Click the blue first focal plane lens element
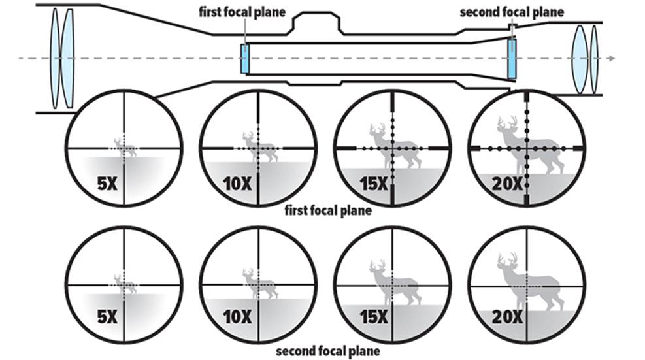tap(245, 59)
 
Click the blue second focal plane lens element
tap(511, 58)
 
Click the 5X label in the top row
tap(107, 184)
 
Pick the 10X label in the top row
tap(237, 184)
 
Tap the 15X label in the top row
tap(372, 184)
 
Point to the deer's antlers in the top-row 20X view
tap(507, 123)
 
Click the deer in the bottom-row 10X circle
tap(260, 283)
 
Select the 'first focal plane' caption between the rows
tap(329, 211)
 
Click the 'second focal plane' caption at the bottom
tap(327, 352)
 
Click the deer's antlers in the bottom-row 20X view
tap(507, 260)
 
